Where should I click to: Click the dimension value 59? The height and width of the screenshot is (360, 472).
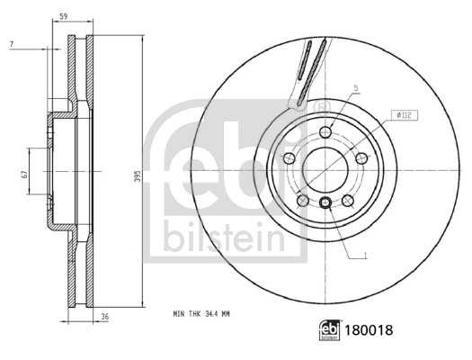[62, 15]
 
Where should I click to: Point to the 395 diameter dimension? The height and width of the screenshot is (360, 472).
[138, 177]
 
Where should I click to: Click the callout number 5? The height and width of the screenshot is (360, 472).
[355, 88]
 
